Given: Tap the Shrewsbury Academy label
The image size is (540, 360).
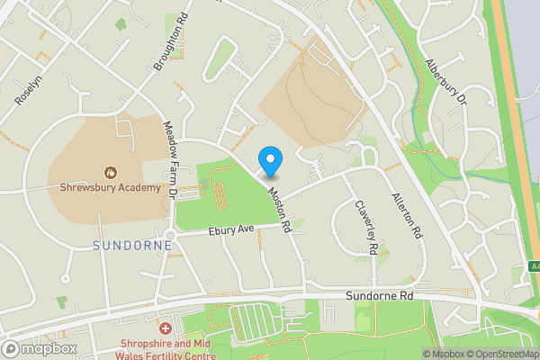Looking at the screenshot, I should click(x=110, y=188).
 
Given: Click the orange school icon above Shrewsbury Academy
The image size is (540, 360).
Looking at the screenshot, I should click(x=110, y=171).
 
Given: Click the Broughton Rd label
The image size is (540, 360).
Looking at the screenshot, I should click(x=170, y=42).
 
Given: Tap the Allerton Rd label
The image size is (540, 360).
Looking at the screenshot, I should click(x=407, y=214).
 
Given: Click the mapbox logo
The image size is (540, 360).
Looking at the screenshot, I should click(x=39, y=349).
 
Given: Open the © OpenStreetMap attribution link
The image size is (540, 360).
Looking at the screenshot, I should click(x=503, y=354).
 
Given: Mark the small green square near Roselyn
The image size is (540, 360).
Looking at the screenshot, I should click(x=62, y=302).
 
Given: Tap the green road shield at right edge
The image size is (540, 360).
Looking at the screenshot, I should click(x=534, y=267).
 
